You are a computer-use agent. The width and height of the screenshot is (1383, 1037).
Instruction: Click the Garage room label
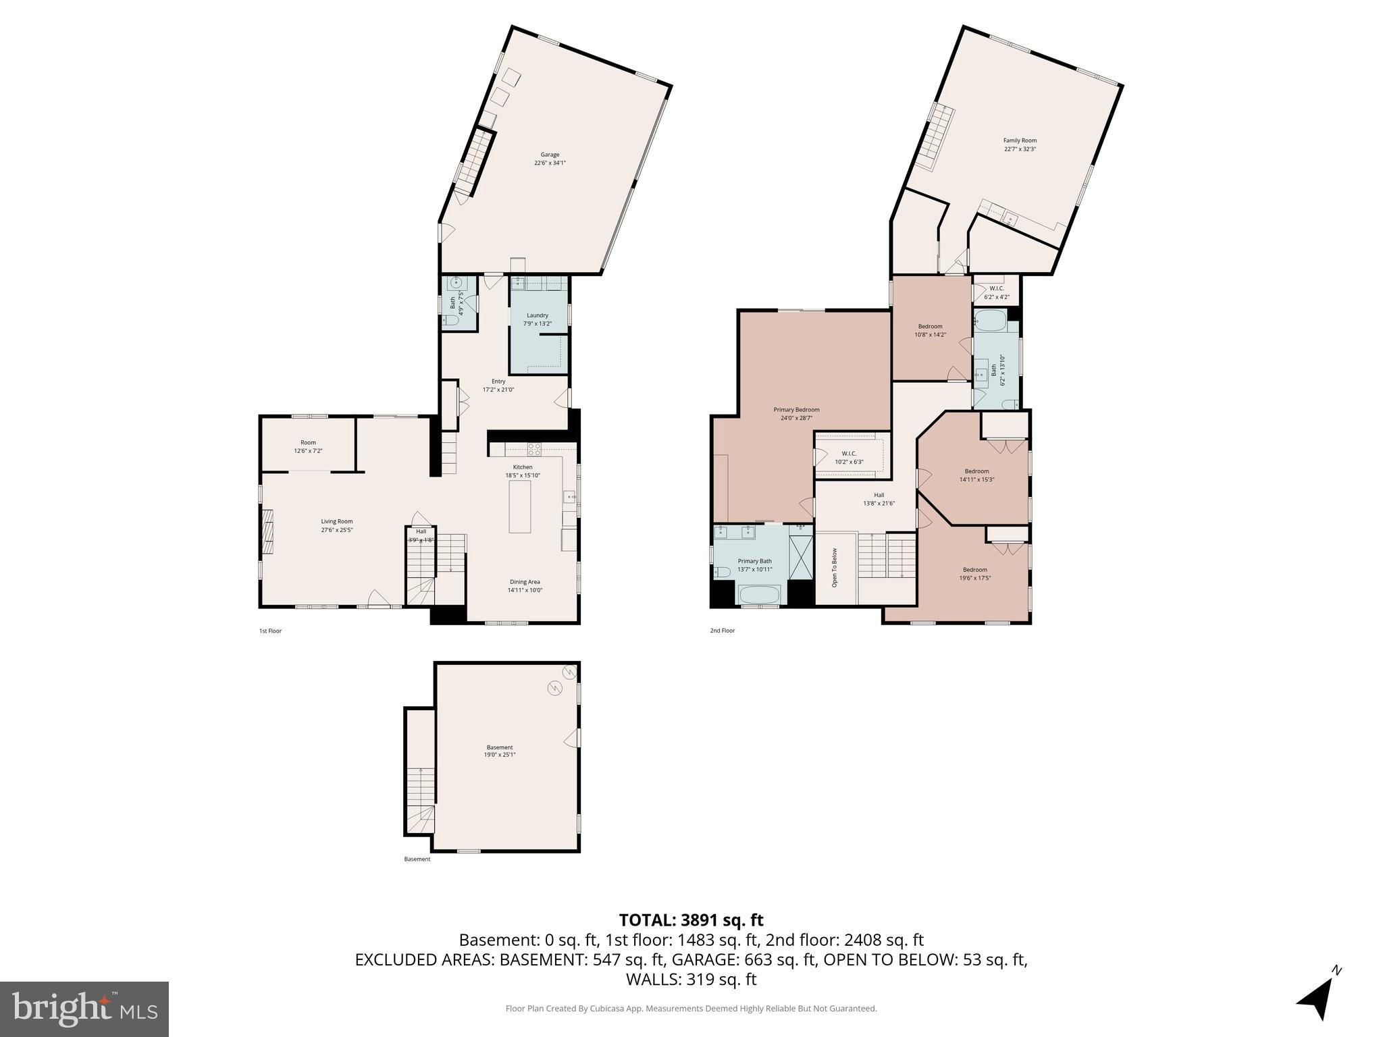550,155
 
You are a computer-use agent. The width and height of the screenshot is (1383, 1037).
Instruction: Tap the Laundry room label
538,315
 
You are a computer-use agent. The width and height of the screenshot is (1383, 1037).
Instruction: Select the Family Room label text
1020,140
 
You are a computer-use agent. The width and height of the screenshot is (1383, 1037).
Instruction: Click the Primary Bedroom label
796,410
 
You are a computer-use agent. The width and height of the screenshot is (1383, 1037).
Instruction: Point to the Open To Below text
835,567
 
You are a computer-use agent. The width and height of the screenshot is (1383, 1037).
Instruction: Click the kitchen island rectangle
519,507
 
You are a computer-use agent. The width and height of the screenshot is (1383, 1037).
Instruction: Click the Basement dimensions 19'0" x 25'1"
500,755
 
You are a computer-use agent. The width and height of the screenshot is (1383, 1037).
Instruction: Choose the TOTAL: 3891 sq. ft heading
691,920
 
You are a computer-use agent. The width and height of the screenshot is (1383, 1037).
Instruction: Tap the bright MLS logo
84,1009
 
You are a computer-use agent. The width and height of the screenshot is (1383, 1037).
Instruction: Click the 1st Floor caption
270,631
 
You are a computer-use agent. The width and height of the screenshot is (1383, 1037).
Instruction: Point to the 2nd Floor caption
722,631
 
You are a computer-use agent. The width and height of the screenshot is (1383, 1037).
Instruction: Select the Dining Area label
525,582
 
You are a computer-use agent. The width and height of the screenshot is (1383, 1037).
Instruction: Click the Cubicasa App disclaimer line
691,1009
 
